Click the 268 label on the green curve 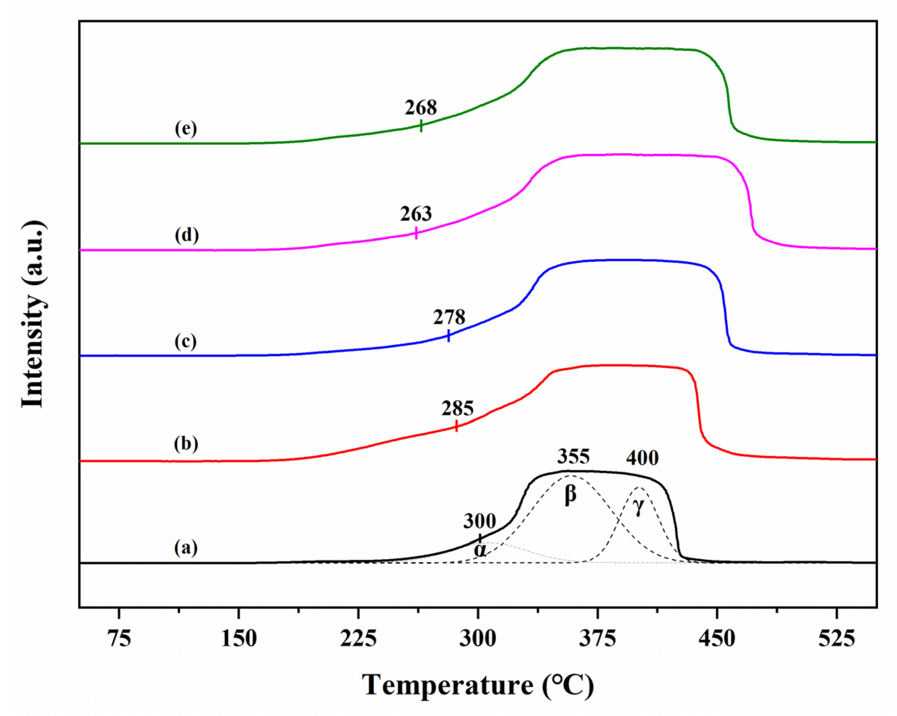click(x=421, y=108)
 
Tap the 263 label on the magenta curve click(x=416, y=214)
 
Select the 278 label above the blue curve click(x=449, y=318)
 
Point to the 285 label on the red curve click(x=457, y=409)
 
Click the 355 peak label click(x=573, y=457)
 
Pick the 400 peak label click(x=642, y=458)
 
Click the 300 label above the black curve click(x=480, y=521)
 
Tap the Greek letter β click(x=570, y=496)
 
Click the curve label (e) click(x=186, y=129)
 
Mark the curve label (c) click(x=186, y=342)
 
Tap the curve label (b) click(x=186, y=444)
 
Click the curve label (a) click(x=186, y=548)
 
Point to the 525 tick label click(x=836, y=639)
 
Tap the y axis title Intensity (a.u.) click(x=33, y=314)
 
